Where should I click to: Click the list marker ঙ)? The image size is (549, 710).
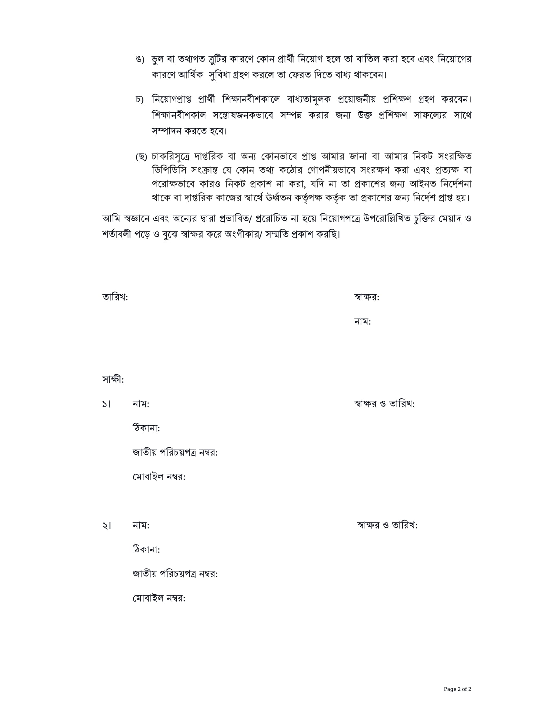140,59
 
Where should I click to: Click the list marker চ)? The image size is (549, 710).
140,99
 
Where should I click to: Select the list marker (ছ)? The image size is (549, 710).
141,157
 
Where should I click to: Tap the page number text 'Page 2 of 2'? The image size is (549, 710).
457,689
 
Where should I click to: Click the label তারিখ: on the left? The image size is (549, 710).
115,297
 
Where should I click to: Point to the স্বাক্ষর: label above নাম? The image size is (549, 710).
367,297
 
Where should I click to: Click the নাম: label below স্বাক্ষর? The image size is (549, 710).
362,321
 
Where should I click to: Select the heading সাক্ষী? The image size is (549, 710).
113,380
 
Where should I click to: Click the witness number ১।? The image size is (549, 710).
106,404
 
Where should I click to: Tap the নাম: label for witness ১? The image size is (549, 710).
141,404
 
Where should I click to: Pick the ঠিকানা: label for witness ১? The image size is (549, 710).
146,428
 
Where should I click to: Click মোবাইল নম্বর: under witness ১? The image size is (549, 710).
159,477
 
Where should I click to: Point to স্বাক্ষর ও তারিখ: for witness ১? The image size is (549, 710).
384,404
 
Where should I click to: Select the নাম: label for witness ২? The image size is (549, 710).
141,526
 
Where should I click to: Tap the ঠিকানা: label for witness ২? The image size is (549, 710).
146,550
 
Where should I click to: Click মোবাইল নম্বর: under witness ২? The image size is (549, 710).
159,598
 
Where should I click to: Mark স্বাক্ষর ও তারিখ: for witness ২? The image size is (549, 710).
387,525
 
